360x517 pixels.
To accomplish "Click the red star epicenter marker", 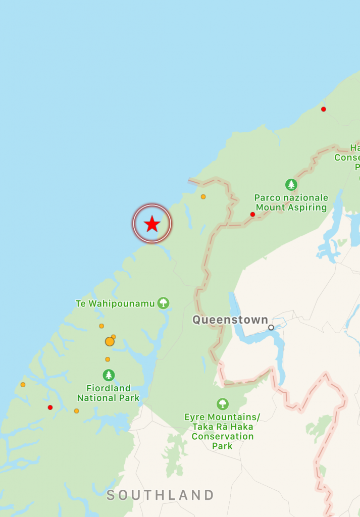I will pyautogui.click(x=152, y=224).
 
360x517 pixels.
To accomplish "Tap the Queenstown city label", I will pyautogui.click(x=230, y=320).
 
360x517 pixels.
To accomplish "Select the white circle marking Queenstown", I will pyautogui.click(x=271, y=328).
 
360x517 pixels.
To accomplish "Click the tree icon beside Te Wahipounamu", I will pyautogui.click(x=163, y=303).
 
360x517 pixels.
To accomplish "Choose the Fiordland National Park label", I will pyautogui.click(x=108, y=393).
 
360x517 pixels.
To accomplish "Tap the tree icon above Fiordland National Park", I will pyautogui.click(x=109, y=375).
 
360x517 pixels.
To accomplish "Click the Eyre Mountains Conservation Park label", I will pyautogui.click(x=222, y=431).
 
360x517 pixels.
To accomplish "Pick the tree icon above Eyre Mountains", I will pyautogui.click(x=222, y=404).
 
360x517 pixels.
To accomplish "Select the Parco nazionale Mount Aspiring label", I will pyautogui.click(x=291, y=202).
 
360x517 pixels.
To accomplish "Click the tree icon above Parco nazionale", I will pyautogui.click(x=291, y=185).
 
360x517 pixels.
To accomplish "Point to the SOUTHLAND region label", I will pyautogui.click(x=161, y=495).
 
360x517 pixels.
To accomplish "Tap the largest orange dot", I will pyautogui.click(x=110, y=342).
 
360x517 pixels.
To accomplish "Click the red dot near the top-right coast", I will pyautogui.click(x=324, y=109).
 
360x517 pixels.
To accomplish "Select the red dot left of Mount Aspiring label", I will pyautogui.click(x=252, y=215).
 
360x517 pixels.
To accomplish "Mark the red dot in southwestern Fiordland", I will pyautogui.click(x=50, y=407).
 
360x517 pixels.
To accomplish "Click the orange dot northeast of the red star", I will pyautogui.click(x=203, y=197).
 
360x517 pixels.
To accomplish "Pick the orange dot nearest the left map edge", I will pyautogui.click(x=23, y=385).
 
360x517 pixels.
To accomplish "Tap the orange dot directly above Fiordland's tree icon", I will pyautogui.click(x=108, y=359).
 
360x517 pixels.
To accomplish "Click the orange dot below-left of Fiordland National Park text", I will pyautogui.click(x=76, y=411).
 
